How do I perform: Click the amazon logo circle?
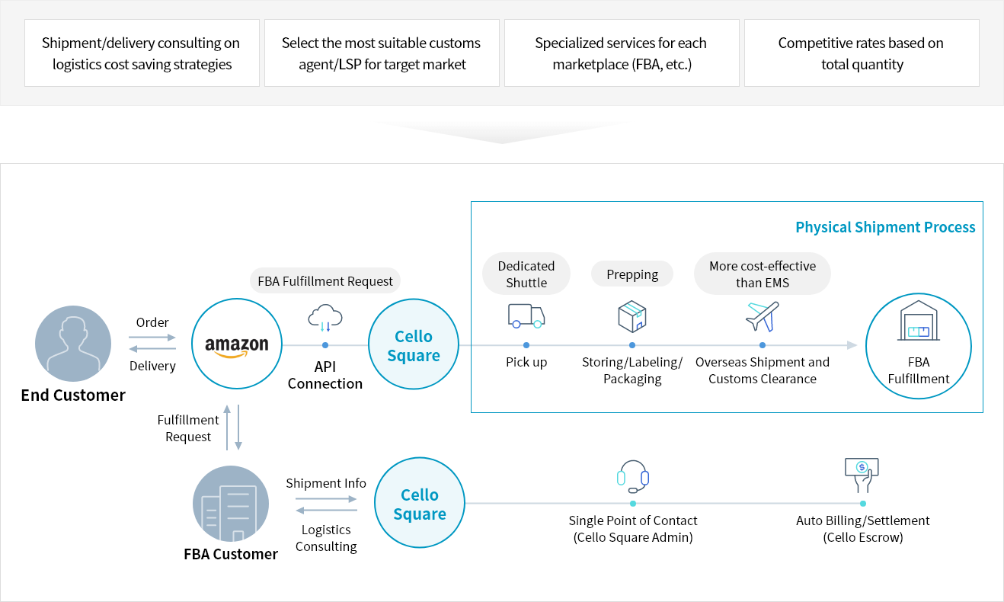pos(237,345)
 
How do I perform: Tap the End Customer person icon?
pos(73,344)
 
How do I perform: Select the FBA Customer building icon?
pos(231,504)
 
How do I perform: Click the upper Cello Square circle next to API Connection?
pos(414,345)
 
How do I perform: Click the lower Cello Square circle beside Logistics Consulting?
pos(420,504)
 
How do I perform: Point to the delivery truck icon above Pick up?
pos(526,316)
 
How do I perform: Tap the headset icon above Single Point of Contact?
pos(633,477)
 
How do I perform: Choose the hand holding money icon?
pos(862,475)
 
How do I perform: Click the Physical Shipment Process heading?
pos(885,227)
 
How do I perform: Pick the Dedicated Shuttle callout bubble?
pos(526,274)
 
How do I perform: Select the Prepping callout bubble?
pos(632,274)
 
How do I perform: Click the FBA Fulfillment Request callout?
pos(325,281)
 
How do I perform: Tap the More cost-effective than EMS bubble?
pos(763,274)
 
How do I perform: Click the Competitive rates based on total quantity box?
pos(862,53)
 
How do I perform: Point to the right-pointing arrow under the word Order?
pos(152,337)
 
